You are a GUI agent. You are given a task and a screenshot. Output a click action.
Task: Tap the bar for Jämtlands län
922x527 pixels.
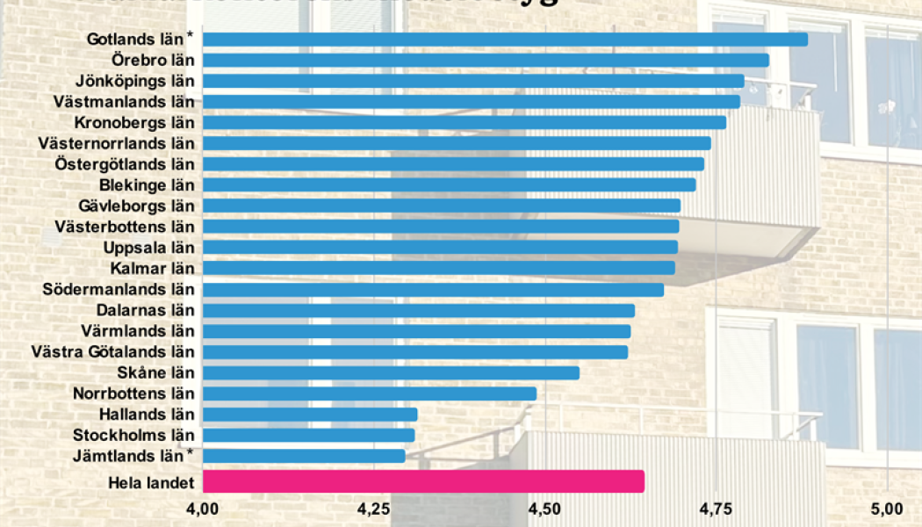pos(304,456)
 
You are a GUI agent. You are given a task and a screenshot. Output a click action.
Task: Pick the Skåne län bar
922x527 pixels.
pos(391,372)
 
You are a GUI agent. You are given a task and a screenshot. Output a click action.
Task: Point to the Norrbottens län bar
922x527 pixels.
pos(369,393)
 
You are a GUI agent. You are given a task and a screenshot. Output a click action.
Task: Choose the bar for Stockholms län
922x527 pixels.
pos(308,435)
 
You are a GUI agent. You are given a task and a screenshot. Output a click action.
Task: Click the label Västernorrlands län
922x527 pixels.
pos(117,143)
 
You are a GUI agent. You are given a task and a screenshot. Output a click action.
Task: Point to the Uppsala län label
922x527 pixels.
pos(148,248)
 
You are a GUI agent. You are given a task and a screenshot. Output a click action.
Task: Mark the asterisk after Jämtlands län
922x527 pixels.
pos(190,453)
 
